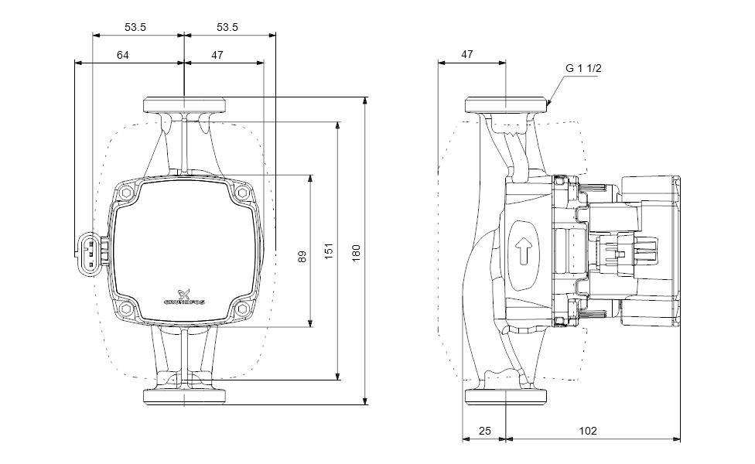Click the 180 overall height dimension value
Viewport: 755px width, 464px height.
pos(357,252)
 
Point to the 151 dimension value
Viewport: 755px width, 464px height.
pos(329,252)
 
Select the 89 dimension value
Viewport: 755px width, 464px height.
pos(302,252)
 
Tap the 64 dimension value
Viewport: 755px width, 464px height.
pos(123,55)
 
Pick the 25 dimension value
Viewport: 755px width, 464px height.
pos(483,432)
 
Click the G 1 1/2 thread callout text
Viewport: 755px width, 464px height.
pos(583,68)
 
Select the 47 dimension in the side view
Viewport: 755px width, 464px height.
pos(466,55)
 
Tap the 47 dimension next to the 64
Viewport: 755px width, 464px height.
pos(217,55)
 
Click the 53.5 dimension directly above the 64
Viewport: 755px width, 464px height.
pos(135,27)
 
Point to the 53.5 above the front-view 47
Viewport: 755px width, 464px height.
pos(227,27)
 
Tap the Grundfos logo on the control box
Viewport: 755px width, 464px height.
pos(184,296)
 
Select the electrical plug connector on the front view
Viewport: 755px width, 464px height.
pos(90,250)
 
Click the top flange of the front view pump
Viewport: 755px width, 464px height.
pos(184,104)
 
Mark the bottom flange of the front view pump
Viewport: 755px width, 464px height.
pos(184,397)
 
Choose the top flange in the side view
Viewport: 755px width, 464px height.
pos(506,104)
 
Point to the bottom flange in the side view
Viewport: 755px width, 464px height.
pos(506,397)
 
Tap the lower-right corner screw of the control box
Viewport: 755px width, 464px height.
pos(242,309)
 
